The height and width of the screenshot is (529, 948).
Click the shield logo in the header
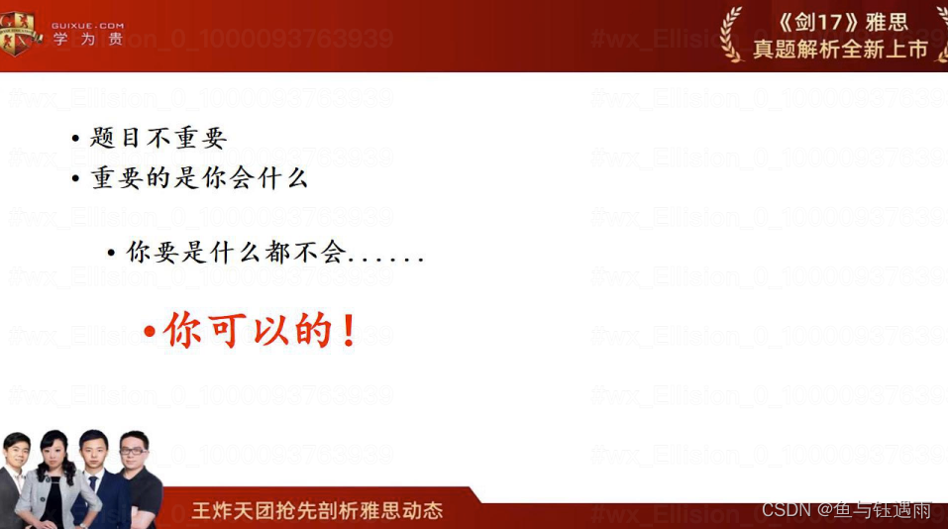pyautogui.click(x=19, y=33)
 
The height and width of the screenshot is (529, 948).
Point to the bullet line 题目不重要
pyautogui.click(x=158, y=138)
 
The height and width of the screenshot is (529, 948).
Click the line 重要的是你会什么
pyautogui.click(x=199, y=178)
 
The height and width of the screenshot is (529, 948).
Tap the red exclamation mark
pyautogui.click(x=348, y=331)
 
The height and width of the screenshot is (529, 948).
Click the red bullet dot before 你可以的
pyautogui.click(x=150, y=332)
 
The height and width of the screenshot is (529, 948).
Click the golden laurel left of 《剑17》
pyautogui.click(x=731, y=33)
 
